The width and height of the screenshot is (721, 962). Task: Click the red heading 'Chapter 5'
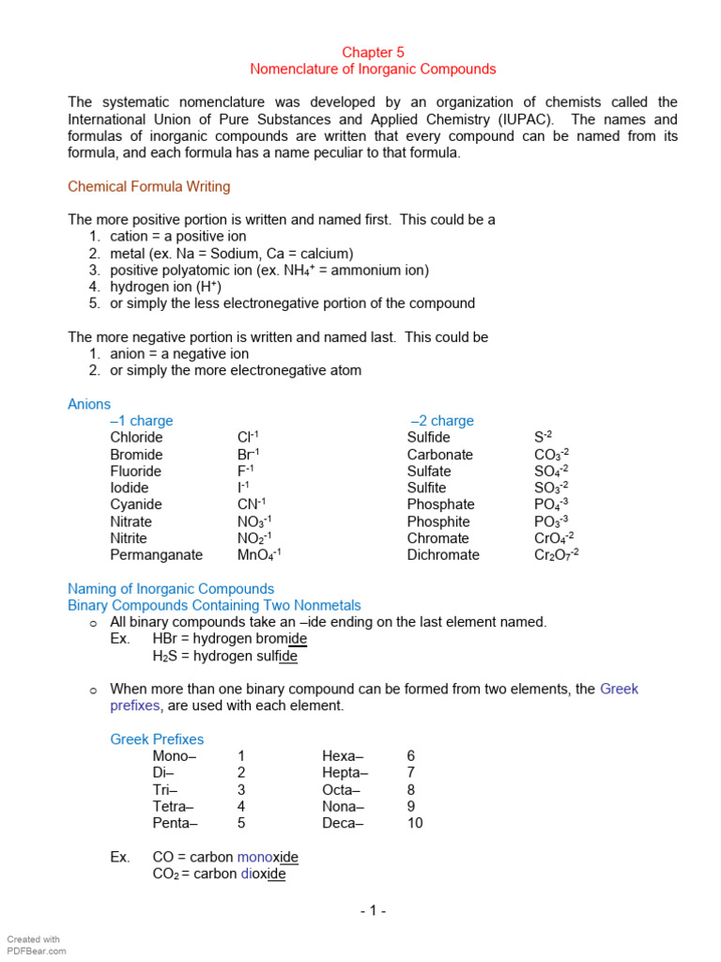coord(373,53)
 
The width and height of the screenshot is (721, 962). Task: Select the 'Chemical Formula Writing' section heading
coord(148,187)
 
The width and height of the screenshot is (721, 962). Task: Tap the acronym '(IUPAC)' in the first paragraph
coord(520,119)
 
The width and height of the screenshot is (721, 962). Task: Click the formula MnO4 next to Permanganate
coord(259,555)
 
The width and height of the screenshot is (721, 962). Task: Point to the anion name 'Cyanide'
coord(136,504)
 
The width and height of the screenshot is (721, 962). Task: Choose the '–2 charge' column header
coord(442,421)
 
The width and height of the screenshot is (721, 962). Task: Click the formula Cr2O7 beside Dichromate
coord(556,555)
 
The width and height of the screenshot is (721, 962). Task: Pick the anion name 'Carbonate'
coord(439,455)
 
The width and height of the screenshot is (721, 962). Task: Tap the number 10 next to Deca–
coord(414,823)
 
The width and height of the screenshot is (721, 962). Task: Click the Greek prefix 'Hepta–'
coord(345,772)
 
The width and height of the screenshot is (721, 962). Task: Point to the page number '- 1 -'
coord(372,910)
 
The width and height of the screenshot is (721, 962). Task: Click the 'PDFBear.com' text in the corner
coord(37,951)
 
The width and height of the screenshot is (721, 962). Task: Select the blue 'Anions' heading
coord(89,404)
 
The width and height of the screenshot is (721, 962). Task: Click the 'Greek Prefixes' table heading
coord(157,739)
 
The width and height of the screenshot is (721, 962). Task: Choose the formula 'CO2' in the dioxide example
coord(165,875)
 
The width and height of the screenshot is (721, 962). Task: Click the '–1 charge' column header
coord(142,421)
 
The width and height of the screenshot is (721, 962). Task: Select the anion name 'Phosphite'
coord(438,521)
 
